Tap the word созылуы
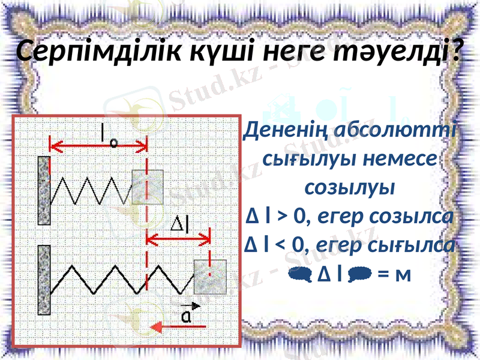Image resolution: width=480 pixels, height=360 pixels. pos(350,187)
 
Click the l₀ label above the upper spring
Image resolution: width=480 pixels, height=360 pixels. pos(109,134)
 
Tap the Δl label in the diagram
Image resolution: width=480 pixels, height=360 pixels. pos(180,225)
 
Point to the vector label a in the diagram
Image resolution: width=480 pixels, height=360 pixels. pos(187,314)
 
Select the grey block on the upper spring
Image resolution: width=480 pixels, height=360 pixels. pos(148,187)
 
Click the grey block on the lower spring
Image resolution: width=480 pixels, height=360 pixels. pos(209,277)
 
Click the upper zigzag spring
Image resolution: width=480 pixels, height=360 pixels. pos(93,191)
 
